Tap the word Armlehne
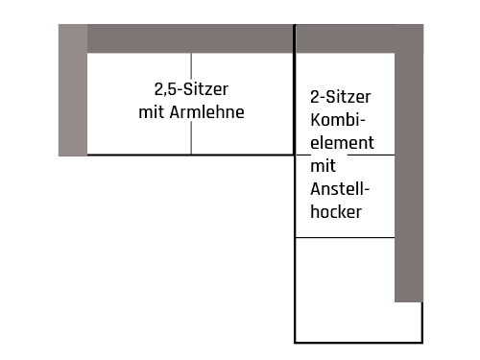pos(207,112)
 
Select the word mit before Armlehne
pos(153,112)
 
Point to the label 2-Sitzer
pos(341,97)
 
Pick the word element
pos(341,141)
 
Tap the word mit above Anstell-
pos(323,166)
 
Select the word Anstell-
pos(341,189)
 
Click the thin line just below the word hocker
pos(345,237)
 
